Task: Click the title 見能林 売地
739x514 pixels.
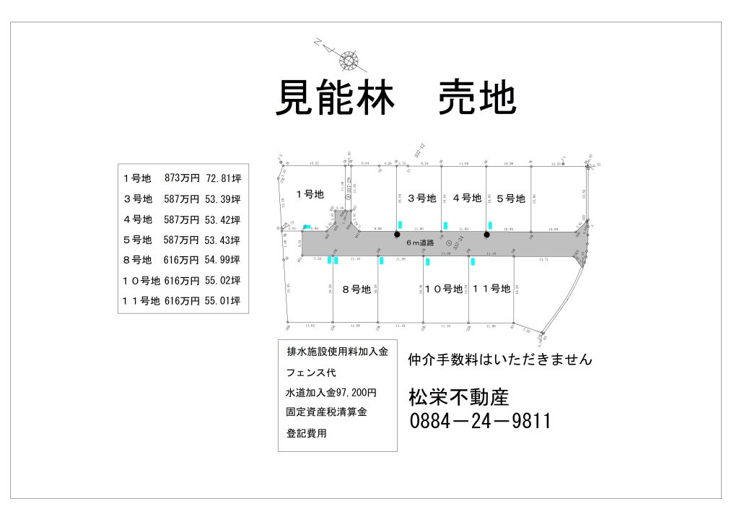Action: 395,98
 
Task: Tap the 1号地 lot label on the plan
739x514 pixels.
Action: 310,194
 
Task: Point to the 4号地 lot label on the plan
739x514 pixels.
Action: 466,198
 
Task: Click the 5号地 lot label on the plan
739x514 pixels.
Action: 510,199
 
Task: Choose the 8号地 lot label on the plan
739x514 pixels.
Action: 356,289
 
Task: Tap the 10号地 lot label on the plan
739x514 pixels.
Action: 443,289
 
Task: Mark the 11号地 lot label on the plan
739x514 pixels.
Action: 491,289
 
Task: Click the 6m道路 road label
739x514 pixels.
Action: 420,243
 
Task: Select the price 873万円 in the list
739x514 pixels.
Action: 182,178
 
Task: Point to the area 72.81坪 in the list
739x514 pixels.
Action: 223,178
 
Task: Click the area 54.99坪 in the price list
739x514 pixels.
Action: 223,260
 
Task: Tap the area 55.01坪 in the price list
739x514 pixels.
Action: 223,300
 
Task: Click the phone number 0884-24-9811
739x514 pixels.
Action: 480,421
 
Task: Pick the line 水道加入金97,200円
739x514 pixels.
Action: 331,393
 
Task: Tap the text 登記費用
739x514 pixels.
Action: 307,434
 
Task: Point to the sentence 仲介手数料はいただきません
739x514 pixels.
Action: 500,359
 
